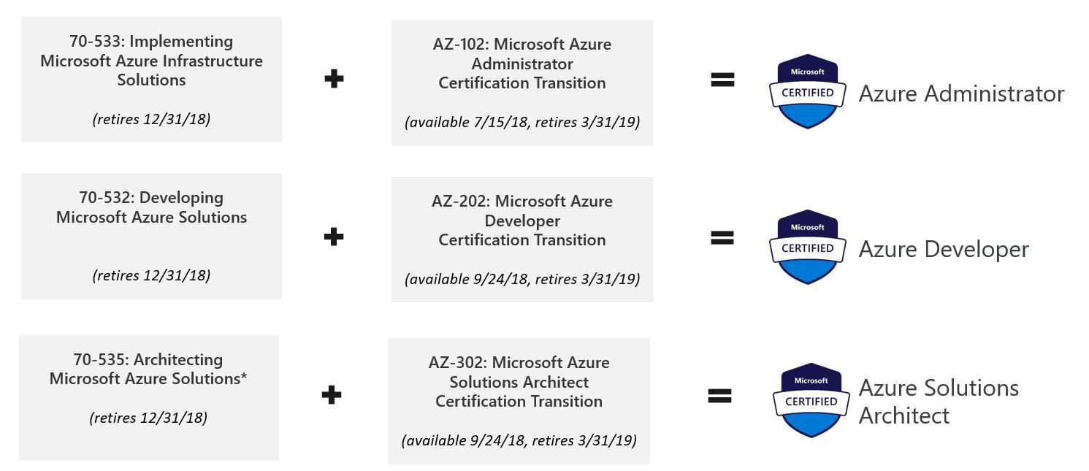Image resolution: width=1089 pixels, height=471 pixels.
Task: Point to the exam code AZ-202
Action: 459,202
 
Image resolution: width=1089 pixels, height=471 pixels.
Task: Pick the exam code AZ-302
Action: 456,363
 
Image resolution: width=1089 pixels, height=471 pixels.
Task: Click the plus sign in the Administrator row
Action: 334,79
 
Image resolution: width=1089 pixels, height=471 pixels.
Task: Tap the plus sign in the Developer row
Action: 334,237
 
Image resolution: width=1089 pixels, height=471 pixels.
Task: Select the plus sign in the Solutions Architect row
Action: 332,395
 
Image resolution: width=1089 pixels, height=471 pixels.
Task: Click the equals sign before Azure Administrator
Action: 722,80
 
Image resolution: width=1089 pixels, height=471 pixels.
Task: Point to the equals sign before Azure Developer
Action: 722,237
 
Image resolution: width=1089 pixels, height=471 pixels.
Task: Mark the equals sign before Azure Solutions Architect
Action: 719,396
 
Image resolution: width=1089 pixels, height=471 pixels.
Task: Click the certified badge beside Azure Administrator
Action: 807,92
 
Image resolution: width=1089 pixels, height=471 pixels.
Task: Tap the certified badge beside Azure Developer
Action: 807,247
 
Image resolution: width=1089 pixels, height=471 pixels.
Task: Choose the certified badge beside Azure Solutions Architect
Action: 811,400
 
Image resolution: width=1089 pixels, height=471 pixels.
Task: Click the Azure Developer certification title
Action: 944,250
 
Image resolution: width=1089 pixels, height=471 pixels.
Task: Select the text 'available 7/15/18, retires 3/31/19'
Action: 522,122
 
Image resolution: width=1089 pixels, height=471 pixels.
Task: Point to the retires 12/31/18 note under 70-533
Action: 151,119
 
